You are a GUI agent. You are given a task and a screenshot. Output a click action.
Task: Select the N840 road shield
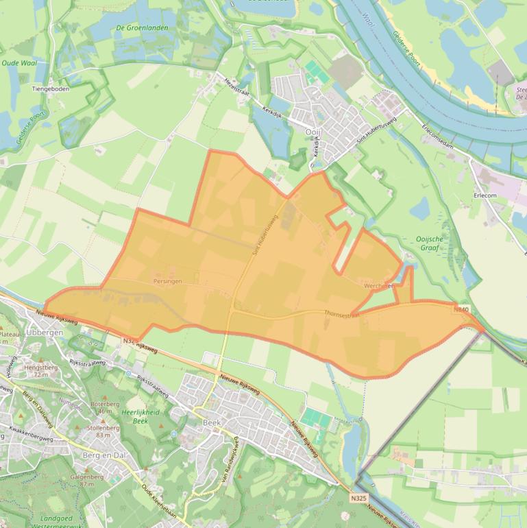[461, 310]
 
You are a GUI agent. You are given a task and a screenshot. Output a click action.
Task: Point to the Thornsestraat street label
[342, 314]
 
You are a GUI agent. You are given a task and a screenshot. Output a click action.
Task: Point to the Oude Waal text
[19, 62]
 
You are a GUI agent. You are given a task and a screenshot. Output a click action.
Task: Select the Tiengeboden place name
[51, 88]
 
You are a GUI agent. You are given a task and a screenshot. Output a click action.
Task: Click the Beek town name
[212, 423]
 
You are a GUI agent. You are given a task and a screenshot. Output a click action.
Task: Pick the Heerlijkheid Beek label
[140, 416]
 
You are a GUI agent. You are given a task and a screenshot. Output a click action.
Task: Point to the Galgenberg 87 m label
[77, 480]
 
